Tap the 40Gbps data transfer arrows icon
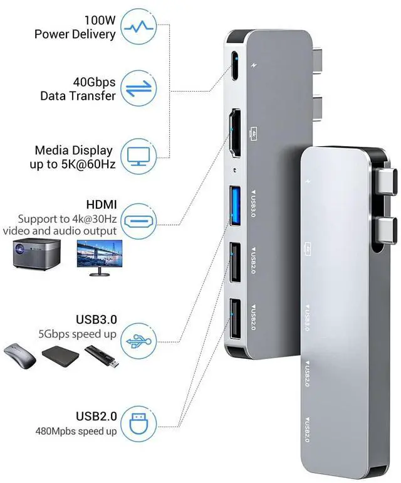tap(138, 88)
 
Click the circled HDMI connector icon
tap(138, 221)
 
